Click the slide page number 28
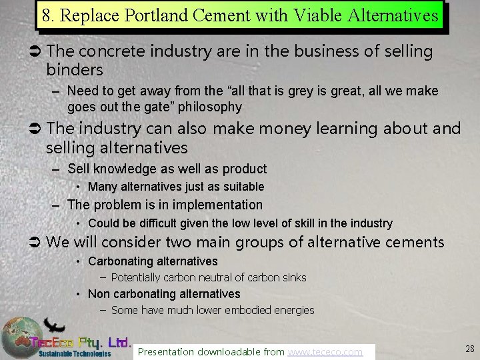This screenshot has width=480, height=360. click(x=469, y=348)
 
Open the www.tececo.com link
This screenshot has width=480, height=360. click(x=325, y=351)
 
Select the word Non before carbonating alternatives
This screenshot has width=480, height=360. click(x=99, y=294)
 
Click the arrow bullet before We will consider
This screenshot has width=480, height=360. click(x=37, y=242)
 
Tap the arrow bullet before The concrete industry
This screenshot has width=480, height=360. click(x=37, y=52)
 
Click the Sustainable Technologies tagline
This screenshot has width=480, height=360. click(x=75, y=353)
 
